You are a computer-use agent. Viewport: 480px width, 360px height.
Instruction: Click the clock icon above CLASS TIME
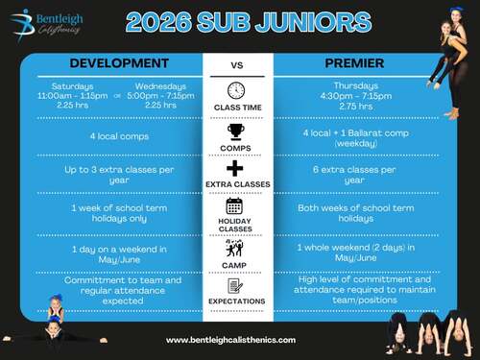[236, 90]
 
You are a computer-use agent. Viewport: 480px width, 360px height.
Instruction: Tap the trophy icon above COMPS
[236, 132]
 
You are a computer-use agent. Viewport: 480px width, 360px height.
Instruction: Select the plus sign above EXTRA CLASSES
[235, 168]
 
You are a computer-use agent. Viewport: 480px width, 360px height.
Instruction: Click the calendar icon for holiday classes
[234, 205]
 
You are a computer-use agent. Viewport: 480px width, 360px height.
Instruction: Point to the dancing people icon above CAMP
[234, 249]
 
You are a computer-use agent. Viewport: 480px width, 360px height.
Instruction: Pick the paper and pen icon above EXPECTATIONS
[235, 286]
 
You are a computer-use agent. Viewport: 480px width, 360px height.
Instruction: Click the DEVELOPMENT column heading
[119, 63]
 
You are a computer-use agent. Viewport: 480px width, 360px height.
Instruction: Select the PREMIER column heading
[354, 63]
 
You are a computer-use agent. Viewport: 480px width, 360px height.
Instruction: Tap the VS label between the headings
[237, 65]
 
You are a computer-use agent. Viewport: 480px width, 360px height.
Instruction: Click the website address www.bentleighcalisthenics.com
[230, 340]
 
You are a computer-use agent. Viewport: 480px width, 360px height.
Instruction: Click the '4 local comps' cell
[119, 136]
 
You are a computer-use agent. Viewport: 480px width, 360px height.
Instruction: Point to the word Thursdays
[356, 85]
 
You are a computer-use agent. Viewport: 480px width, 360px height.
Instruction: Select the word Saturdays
[73, 86]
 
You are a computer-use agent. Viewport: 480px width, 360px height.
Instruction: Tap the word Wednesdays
[160, 86]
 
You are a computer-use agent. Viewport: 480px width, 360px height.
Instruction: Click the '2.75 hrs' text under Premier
[356, 106]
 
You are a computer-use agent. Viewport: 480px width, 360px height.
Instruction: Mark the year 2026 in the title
[159, 22]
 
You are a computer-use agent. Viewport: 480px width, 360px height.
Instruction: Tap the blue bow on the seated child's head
[57, 298]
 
